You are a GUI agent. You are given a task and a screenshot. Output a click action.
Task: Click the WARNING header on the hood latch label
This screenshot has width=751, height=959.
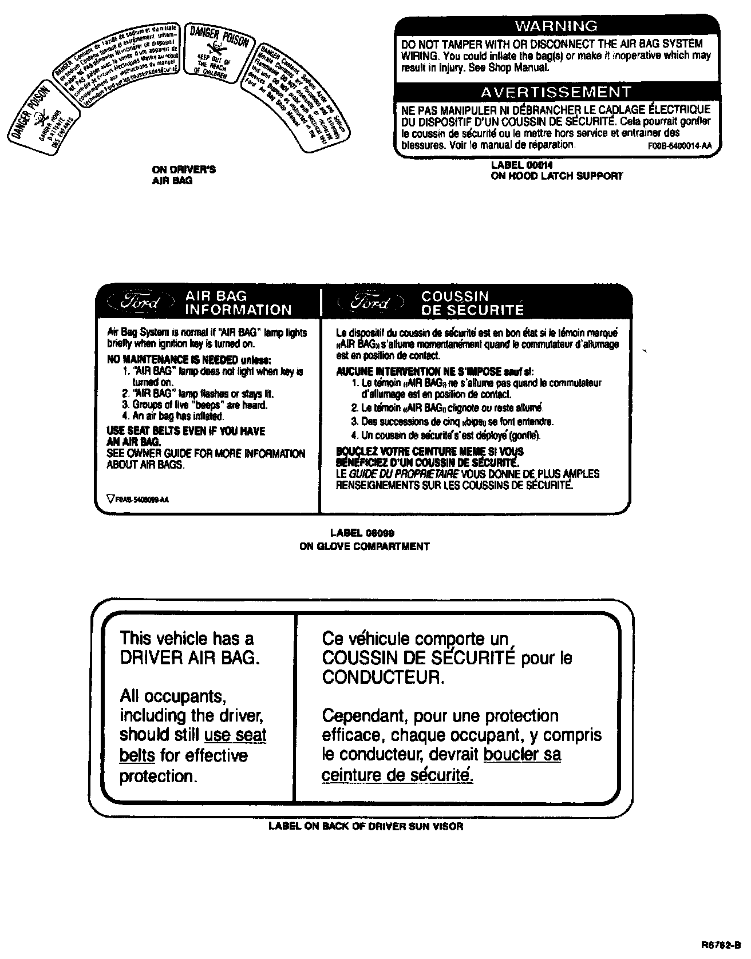tap(556, 26)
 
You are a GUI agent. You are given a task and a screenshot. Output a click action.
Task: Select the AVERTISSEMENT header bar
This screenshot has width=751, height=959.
tap(556, 92)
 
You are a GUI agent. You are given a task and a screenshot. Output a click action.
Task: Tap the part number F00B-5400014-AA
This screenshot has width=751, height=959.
tap(679, 146)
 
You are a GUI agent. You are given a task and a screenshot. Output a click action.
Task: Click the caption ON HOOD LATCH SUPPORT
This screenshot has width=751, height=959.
tap(556, 176)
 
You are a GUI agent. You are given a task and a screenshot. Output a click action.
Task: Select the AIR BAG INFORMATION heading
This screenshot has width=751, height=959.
tap(239, 303)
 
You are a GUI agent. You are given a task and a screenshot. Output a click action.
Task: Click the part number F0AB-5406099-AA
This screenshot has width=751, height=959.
tap(138, 499)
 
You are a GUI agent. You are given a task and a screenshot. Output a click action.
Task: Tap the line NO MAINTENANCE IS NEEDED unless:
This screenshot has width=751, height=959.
tap(189, 360)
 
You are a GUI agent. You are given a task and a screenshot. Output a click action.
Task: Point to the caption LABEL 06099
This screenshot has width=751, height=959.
tap(362, 533)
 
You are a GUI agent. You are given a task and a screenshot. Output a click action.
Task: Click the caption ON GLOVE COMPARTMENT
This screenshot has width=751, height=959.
tap(364, 546)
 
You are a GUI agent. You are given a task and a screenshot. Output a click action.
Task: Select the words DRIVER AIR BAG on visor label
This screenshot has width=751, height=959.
tap(190, 658)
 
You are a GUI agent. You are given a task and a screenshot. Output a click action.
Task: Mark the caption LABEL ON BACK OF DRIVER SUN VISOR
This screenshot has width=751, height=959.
tap(365, 826)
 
